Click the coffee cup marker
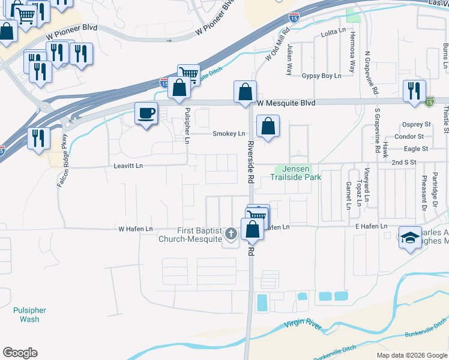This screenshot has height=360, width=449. click(x=146, y=113)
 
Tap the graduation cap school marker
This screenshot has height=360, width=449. click(x=411, y=238)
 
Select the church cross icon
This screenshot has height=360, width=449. click(x=230, y=233)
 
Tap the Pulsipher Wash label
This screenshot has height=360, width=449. click(x=29, y=314)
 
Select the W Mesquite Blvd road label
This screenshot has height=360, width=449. click(x=286, y=103)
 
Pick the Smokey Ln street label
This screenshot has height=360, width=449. click(x=229, y=133)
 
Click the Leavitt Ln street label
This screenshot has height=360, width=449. click(x=125, y=166)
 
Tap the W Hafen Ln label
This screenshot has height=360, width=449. click(x=135, y=229)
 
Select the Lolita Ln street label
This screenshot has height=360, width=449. click(x=334, y=30)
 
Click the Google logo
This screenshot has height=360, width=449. click(x=20, y=353)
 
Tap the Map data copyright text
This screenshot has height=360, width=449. click(x=411, y=355)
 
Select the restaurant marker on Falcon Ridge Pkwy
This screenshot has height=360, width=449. click(x=38, y=139)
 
